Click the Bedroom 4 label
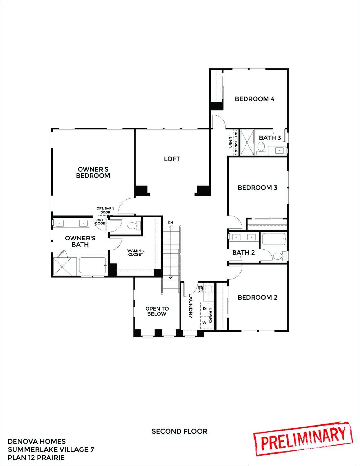click(x=255, y=99)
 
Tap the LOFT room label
click(x=171, y=159)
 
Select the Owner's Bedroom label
click(x=93, y=172)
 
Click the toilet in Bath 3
click(x=261, y=149)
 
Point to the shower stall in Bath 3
click(x=247, y=142)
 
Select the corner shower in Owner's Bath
click(x=62, y=266)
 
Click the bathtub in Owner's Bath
click(x=93, y=265)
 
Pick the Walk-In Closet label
click(x=135, y=252)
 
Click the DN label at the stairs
click(x=170, y=223)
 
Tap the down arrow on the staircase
click(x=170, y=277)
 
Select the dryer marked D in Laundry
click(x=204, y=309)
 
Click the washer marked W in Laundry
click(x=204, y=323)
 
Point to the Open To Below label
click(x=157, y=311)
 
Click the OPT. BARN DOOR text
click(x=105, y=210)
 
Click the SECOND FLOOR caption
click(x=179, y=431)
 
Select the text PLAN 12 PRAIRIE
click(x=36, y=458)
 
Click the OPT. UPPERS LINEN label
click(x=233, y=139)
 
